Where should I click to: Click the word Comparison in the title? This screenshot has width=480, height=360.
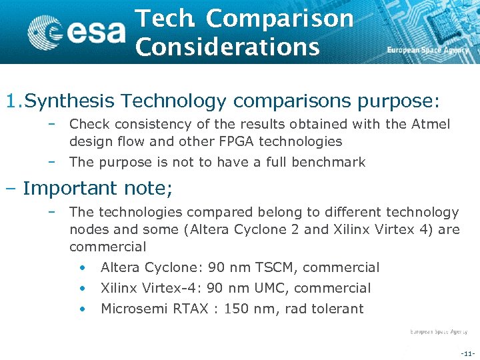point(280,19)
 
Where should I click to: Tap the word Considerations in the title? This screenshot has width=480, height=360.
point(227,47)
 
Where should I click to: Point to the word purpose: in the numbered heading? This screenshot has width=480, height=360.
point(399,101)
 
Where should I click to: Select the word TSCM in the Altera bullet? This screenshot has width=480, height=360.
point(275,267)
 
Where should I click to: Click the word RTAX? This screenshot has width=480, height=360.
point(196,309)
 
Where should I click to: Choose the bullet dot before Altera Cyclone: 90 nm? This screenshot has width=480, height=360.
point(81,267)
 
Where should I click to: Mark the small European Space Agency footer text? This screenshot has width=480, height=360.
point(439,331)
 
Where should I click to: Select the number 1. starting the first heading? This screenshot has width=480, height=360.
point(13,101)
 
